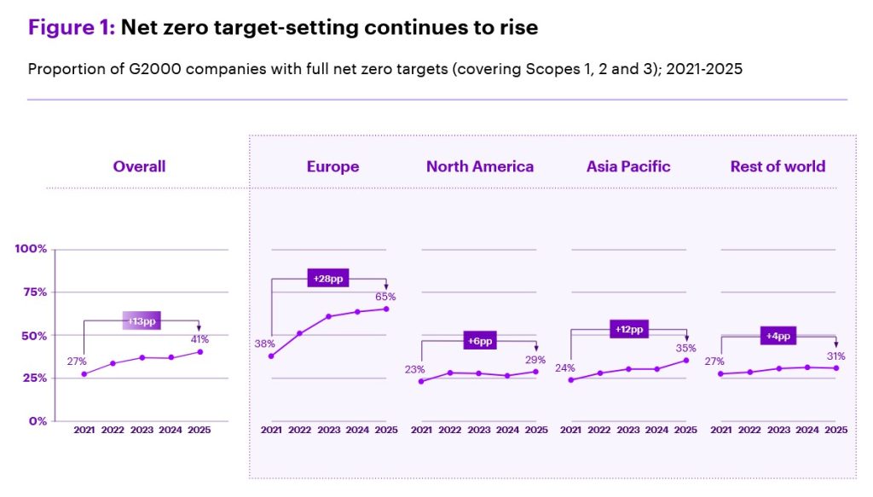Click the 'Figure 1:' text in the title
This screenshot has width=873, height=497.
tap(72, 27)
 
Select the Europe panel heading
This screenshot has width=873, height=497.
tap(332, 166)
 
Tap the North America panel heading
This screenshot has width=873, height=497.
tap(480, 166)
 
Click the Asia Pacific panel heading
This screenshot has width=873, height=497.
tap(628, 166)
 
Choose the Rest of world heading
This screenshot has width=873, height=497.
tap(778, 166)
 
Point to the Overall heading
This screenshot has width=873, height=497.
tap(139, 166)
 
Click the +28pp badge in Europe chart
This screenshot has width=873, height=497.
tap(328, 279)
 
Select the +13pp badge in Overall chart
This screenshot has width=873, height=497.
tap(141, 321)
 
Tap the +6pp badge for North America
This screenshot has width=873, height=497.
tap(479, 340)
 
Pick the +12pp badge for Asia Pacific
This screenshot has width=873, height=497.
tap(629, 330)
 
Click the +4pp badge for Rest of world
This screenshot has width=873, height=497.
tap(778, 336)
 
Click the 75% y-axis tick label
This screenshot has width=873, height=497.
tap(34, 292)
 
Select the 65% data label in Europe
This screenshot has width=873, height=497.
tap(385, 297)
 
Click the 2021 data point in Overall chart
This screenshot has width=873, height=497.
tap(84, 374)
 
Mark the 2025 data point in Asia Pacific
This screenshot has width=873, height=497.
tap(686, 360)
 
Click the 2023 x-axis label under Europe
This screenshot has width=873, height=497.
tap(328, 430)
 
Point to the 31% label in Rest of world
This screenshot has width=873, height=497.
tap(835, 355)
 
